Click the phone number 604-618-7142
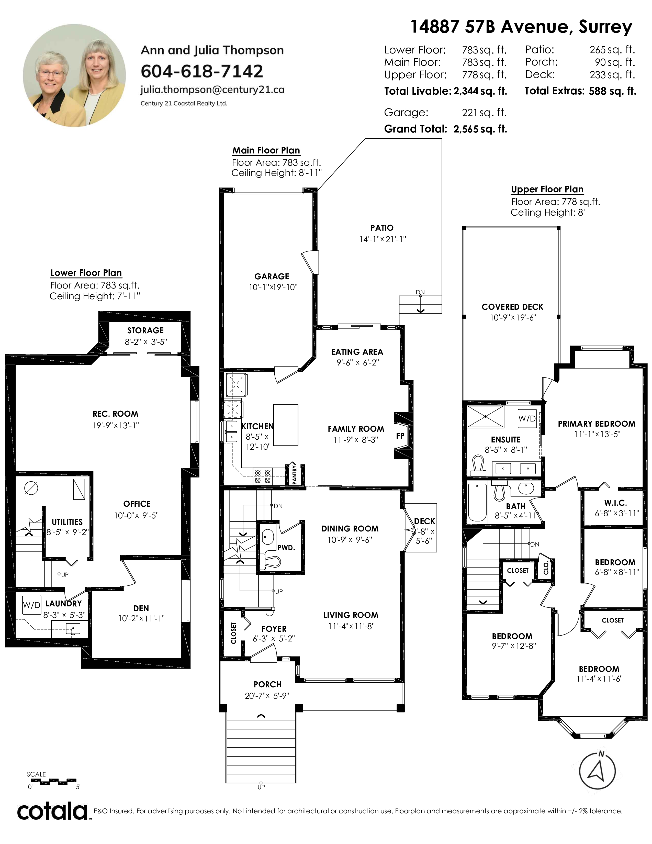(202, 71)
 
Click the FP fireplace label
(400, 436)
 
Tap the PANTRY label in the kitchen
(294, 474)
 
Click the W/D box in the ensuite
(527, 418)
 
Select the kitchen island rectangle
(286, 425)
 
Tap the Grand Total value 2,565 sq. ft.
(480, 129)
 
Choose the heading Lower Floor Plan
(86, 273)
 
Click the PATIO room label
(382, 228)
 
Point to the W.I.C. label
(616, 503)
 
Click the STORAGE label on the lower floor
(146, 330)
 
